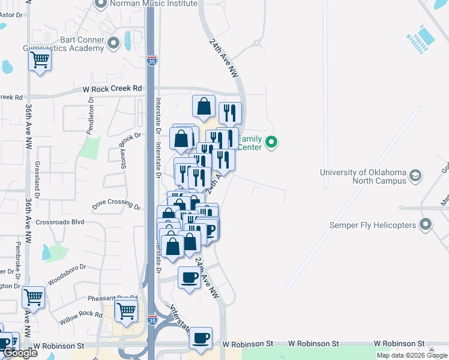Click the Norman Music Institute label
coord(154,4)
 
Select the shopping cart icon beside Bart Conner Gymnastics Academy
coord(40,60)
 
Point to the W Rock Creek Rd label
coord(112,89)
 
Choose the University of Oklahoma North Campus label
coord(363,177)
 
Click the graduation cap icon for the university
coord(415,176)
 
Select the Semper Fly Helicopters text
coord(373,226)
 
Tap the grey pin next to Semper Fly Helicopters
coord(426,225)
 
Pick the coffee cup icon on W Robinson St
coord(201,337)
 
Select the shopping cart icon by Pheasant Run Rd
coord(126,311)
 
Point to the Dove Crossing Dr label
coord(116,205)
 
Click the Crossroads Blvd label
coord(60,221)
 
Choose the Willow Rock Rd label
coord(81,317)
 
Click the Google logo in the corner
coord(20,353)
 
